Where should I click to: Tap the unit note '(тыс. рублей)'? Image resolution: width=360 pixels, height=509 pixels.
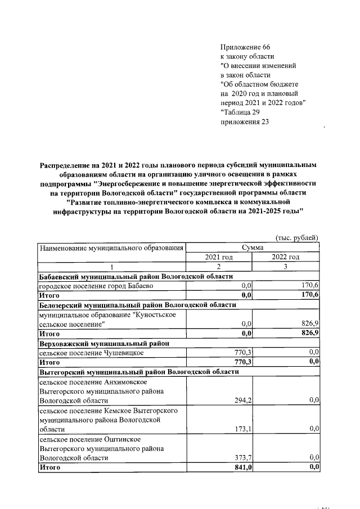(x=297, y=238)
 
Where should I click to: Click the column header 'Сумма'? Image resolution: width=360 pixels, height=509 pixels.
(x=253, y=247)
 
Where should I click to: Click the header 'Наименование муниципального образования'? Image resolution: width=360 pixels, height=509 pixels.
(x=111, y=247)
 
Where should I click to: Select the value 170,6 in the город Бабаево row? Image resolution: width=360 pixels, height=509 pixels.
(x=310, y=286)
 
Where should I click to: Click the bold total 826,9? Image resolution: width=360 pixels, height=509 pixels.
(x=309, y=333)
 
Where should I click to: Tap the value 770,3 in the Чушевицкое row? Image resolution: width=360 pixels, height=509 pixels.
(x=241, y=353)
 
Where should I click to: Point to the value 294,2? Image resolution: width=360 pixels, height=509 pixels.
(x=242, y=400)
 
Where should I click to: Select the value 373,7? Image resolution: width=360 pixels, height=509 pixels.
(x=242, y=457)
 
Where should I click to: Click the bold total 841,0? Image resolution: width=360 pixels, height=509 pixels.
(x=241, y=467)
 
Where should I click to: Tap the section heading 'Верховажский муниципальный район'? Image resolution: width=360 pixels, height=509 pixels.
(x=103, y=343)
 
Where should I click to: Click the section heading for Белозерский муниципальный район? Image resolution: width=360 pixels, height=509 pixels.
(x=137, y=304)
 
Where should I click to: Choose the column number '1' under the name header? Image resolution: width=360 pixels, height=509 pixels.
(x=111, y=267)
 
